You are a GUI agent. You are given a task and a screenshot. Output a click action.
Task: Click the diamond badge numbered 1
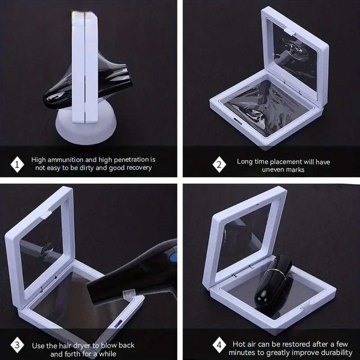point(17,164)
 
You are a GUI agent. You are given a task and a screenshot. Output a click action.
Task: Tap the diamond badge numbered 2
point(219,164)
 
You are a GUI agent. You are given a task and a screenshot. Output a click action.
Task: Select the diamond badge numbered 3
point(17,345)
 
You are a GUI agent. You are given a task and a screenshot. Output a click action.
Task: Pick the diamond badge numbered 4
point(219,345)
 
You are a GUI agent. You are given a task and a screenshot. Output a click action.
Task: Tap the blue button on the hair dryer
point(174,256)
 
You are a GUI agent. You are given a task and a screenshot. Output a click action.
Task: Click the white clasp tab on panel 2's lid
point(289,32)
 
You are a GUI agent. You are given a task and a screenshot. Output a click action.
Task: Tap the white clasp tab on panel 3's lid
point(46,215)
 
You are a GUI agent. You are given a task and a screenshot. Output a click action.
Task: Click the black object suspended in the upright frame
point(87,85)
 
